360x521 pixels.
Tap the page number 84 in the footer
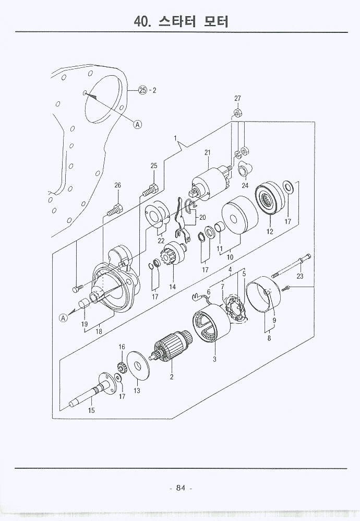click(181, 488)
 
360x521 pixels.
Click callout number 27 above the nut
click(237, 99)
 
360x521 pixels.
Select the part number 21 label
click(207, 152)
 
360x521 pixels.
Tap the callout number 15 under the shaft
click(91, 410)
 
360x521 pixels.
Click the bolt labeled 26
click(115, 211)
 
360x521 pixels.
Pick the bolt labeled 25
click(150, 190)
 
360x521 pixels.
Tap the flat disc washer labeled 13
click(138, 368)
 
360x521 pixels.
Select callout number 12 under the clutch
click(270, 231)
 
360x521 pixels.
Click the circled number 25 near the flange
click(143, 90)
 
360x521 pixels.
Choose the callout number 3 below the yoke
click(214, 359)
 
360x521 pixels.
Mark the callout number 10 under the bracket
click(230, 257)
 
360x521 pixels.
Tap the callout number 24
click(245, 185)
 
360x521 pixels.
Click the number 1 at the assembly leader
click(176, 139)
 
